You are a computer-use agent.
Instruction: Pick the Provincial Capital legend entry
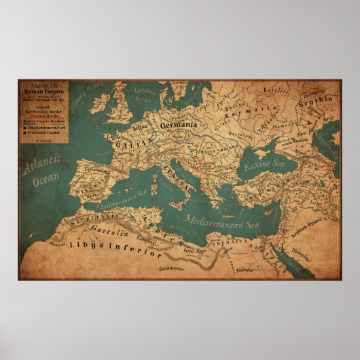[43, 132]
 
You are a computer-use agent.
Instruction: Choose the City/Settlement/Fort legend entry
[46, 126]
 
